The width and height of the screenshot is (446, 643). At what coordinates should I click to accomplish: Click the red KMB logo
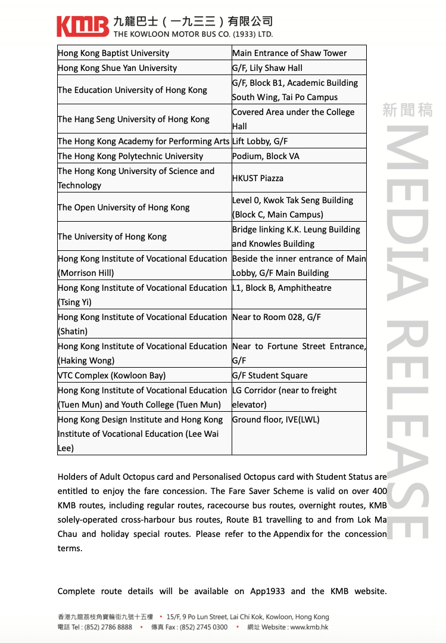(83, 26)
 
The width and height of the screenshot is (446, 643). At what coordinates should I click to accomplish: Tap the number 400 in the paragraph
(379, 491)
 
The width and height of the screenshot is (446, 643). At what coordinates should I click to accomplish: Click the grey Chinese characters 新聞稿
(407, 110)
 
